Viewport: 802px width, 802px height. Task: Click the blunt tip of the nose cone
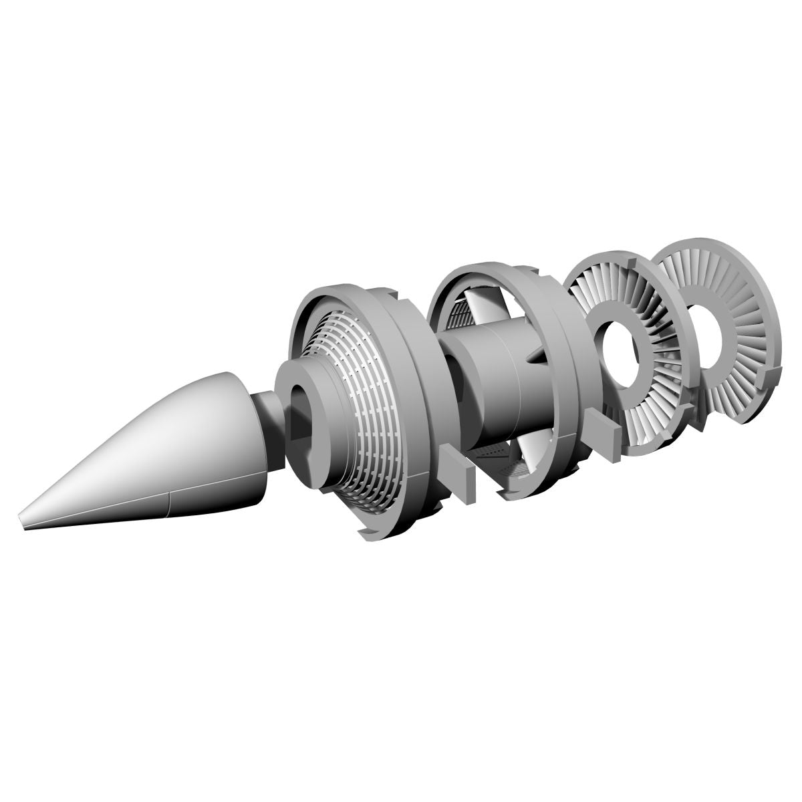pos(23,519)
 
